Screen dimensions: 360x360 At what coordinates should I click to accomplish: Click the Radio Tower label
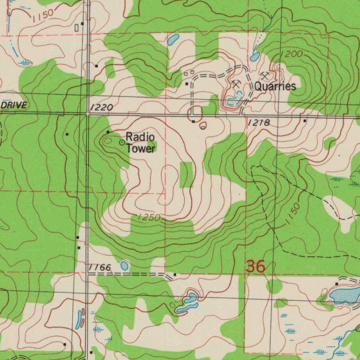click(140, 142)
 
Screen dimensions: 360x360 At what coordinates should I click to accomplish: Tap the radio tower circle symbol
click(122, 142)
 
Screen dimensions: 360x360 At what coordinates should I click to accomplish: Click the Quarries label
click(275, 86)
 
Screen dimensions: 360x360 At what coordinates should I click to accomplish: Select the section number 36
click(255, 266)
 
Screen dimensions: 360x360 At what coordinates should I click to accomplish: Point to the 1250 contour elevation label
click(149, 217)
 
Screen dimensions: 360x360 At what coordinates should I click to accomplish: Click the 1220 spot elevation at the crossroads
click(101, 108)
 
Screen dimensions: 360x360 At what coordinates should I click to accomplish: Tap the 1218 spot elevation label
click(259, 123)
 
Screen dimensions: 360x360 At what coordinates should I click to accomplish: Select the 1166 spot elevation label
click(100, 268)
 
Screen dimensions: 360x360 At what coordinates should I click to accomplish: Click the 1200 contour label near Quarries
click(291, 54)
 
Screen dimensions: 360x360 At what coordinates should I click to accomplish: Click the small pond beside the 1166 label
click(124, 266)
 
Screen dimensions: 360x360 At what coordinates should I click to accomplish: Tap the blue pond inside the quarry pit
click(235, 99)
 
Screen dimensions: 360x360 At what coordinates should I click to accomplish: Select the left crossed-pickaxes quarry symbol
click(236, 84)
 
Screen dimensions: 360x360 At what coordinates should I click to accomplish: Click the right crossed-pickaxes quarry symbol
click(265, 75)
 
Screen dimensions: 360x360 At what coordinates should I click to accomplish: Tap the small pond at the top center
click(173, 40)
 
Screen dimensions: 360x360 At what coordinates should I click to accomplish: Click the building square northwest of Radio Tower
click(108, 132)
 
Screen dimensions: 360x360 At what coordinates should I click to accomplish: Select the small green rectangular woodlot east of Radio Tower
click(186, 175)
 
